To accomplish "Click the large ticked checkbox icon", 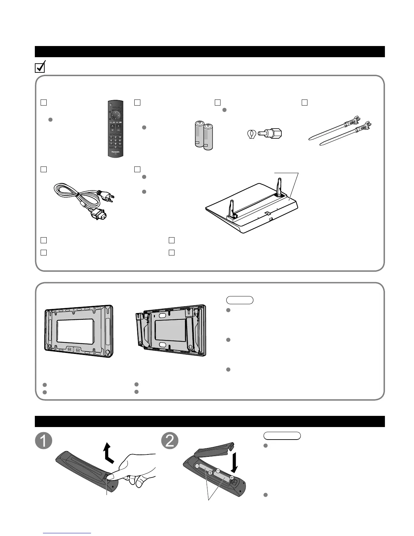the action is click(x=40, y=68).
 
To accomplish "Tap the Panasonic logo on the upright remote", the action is click(x=115, y=152).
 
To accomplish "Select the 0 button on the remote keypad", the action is click(x=115, y=147).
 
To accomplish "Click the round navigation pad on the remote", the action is click(x=115, y=115).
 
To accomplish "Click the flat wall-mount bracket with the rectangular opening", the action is click(x=79, y=331).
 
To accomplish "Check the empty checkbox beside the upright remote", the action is click(x=43, y=102).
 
